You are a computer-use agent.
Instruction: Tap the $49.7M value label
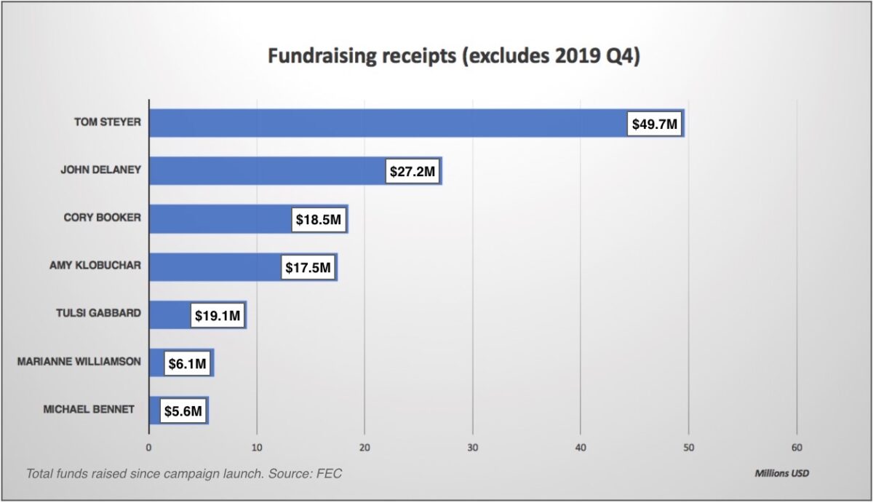pos(655,124)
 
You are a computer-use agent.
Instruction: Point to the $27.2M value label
pos(412,173)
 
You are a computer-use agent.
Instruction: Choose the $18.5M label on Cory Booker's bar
pos(318,220)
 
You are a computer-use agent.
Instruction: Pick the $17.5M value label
pos(308,268)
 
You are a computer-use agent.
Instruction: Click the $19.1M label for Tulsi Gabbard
pos(217,316)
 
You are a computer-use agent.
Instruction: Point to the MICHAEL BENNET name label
pos(89,409)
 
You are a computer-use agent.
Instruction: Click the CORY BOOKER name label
pos(101,218)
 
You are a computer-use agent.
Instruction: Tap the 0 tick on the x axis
pos(149,448)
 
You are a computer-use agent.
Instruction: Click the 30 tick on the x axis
pos(473,448)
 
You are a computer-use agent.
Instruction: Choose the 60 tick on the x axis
pos(797,448)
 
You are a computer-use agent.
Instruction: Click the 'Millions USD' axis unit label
pos(781,473)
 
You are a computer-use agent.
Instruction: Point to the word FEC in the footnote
pos(328,474)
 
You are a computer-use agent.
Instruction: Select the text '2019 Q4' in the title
pos(601,58)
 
